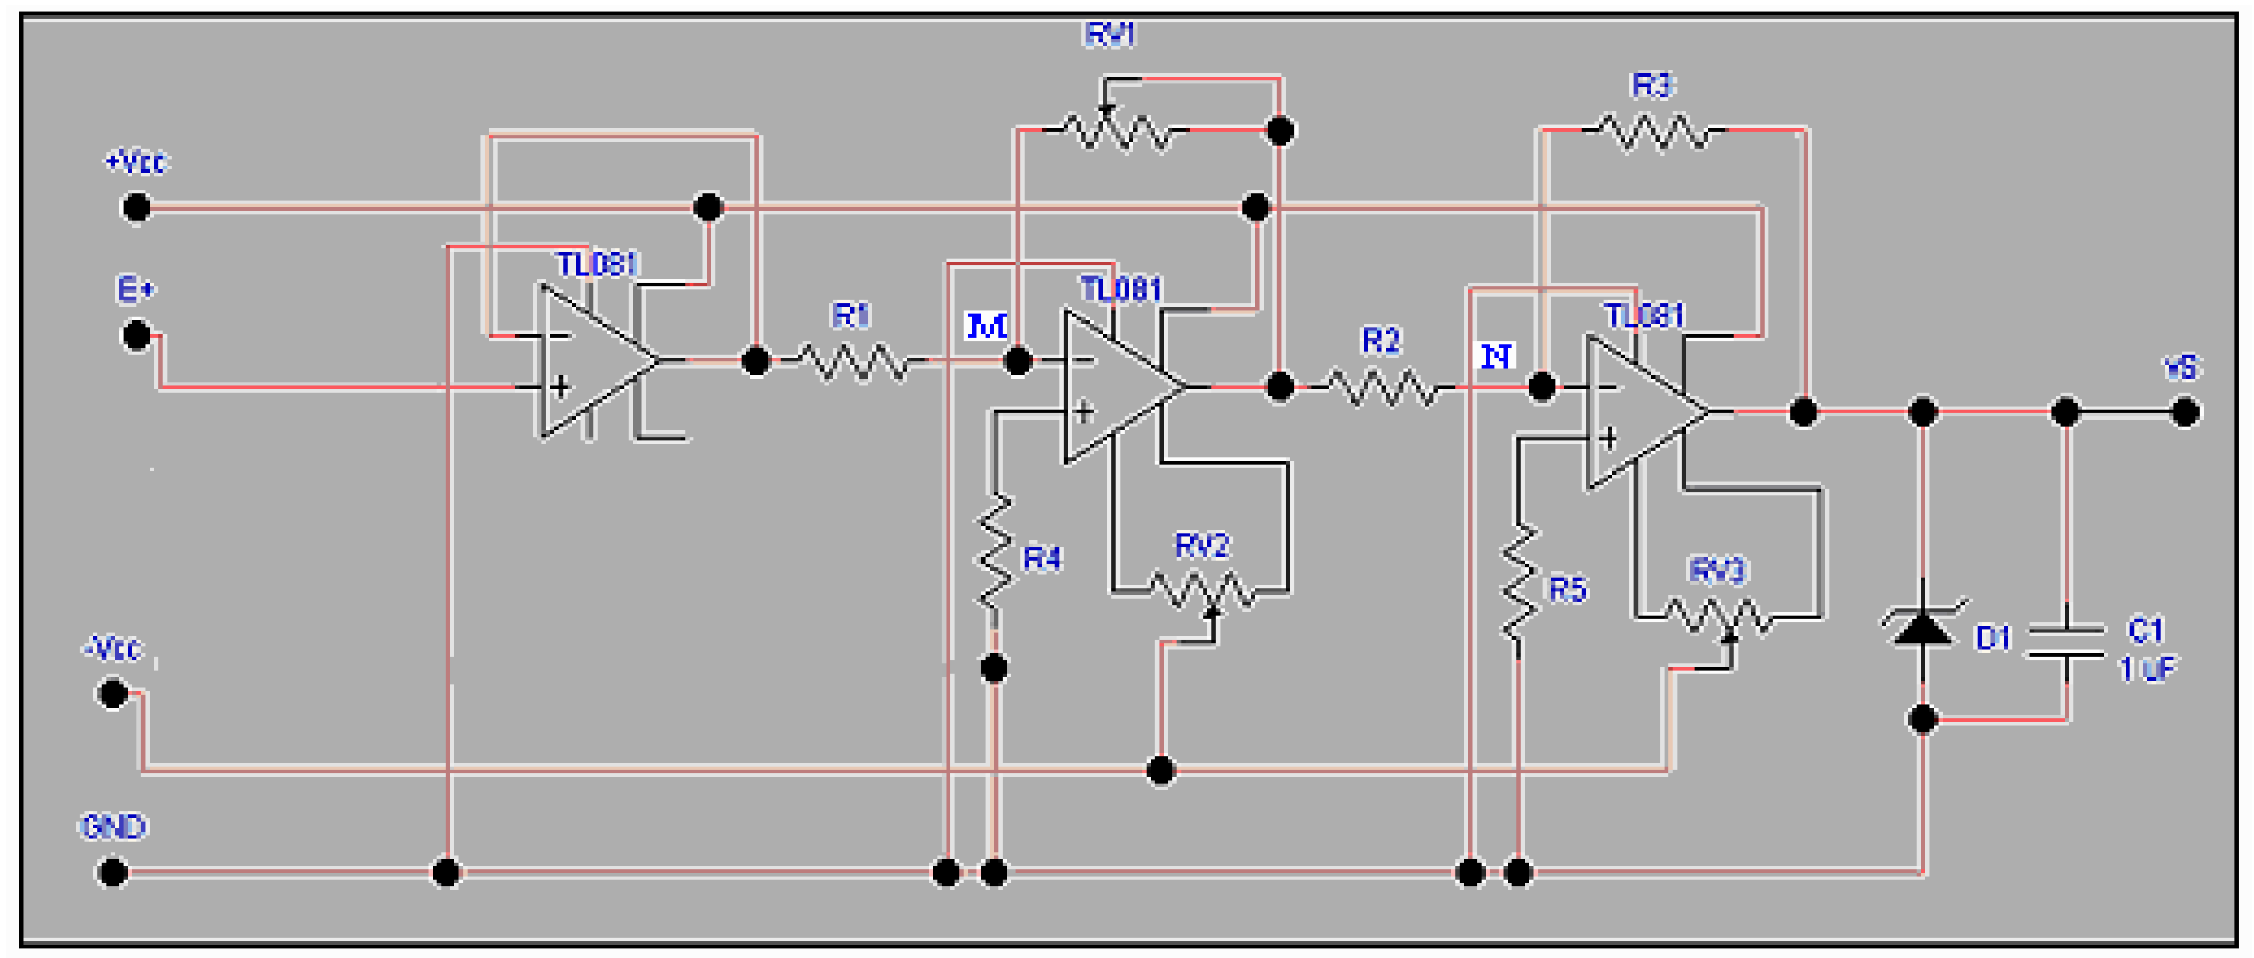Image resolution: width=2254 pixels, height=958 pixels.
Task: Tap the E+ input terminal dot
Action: pos(136,335)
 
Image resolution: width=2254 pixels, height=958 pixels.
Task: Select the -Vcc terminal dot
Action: pos(113,694)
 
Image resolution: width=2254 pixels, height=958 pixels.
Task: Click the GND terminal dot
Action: pos(113,872)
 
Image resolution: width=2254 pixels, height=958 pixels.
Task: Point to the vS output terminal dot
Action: pos(2185,412)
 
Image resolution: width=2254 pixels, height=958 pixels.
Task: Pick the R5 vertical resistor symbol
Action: pos(1520,582)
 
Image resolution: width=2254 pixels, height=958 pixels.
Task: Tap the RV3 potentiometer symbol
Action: pos(1719,617)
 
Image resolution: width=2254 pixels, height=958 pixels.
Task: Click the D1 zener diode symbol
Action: pos(1922,626)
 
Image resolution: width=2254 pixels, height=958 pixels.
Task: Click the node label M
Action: pos(986,326)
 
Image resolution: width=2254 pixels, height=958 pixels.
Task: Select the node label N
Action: pos(1496,356)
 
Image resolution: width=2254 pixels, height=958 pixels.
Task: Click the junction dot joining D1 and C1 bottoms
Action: pos(1922,719)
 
